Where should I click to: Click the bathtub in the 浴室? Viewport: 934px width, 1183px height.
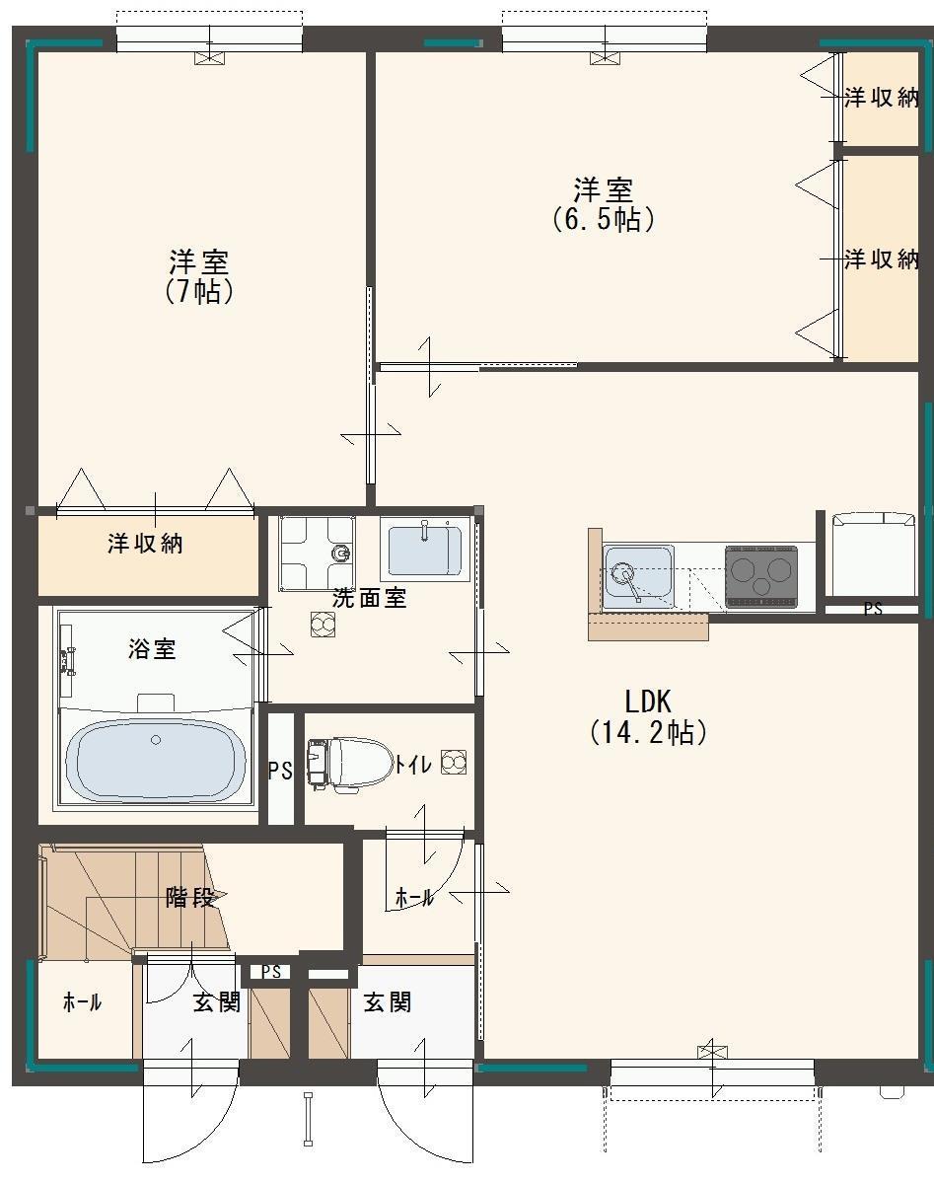[155, 760]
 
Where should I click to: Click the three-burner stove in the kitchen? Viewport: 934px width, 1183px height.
[760, 575]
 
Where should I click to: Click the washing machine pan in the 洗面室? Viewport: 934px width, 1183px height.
[316, 553]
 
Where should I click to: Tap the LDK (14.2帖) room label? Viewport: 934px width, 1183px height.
[648, 716]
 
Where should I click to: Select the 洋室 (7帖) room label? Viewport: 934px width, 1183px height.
[199, 277]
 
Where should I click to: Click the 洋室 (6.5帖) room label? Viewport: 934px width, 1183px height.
[604, 203]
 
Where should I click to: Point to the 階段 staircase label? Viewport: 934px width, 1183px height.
[190, 898]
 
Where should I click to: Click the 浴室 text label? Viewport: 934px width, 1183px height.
[152, 649]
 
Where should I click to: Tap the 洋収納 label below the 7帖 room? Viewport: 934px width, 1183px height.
[145, 544]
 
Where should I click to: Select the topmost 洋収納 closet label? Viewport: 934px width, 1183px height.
[882, 98]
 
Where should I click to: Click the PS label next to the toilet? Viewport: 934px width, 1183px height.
[280, 771]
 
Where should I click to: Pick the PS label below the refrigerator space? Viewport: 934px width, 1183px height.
[873, 610]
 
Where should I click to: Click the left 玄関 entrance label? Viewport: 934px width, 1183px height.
[216, 1002]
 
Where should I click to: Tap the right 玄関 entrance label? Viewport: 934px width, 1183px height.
[387, 1002]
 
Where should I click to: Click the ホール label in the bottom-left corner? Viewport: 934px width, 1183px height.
[82, 1002]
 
